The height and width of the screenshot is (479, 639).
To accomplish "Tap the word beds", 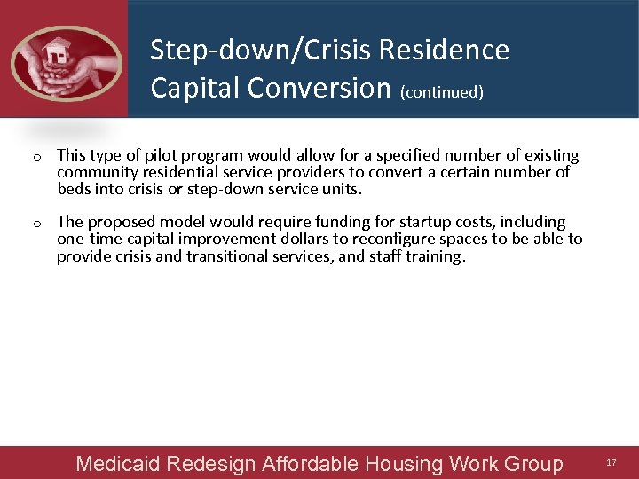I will pyautogui.click(x=74, y=189).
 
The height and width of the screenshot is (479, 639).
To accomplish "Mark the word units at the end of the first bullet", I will pyautogui.click(x=343, y=189).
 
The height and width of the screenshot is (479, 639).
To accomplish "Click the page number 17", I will pyautogui.click(x=611, y=463).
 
